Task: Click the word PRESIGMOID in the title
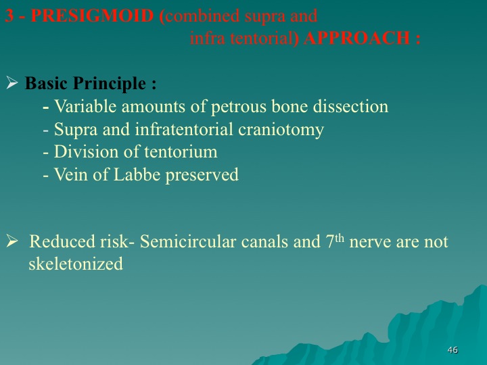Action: point(92,16)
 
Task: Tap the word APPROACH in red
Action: point(356,39)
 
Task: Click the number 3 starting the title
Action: point(9,16)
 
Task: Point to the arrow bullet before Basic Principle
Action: point(11,83)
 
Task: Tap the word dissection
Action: point(350,106)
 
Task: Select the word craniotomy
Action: point(281,129)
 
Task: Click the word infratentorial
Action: point(184,129)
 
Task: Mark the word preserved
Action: point(202,175)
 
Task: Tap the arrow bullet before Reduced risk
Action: point(11,241)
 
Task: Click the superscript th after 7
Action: point(340,238)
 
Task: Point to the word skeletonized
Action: point(76,264)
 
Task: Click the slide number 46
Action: point(453,350)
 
